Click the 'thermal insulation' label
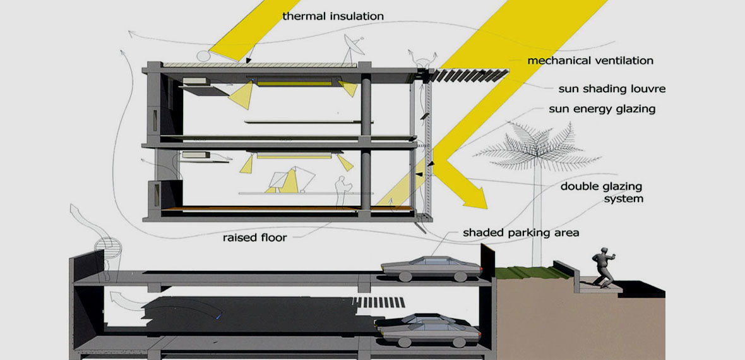333,16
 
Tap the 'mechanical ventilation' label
590,61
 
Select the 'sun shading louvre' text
612,89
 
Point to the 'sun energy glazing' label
602,109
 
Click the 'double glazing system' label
602,192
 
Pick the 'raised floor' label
254,237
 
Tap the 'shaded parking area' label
521,233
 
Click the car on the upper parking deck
431,268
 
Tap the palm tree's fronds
536,145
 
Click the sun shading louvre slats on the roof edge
470,75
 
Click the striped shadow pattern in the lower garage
379,303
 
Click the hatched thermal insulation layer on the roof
259,64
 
